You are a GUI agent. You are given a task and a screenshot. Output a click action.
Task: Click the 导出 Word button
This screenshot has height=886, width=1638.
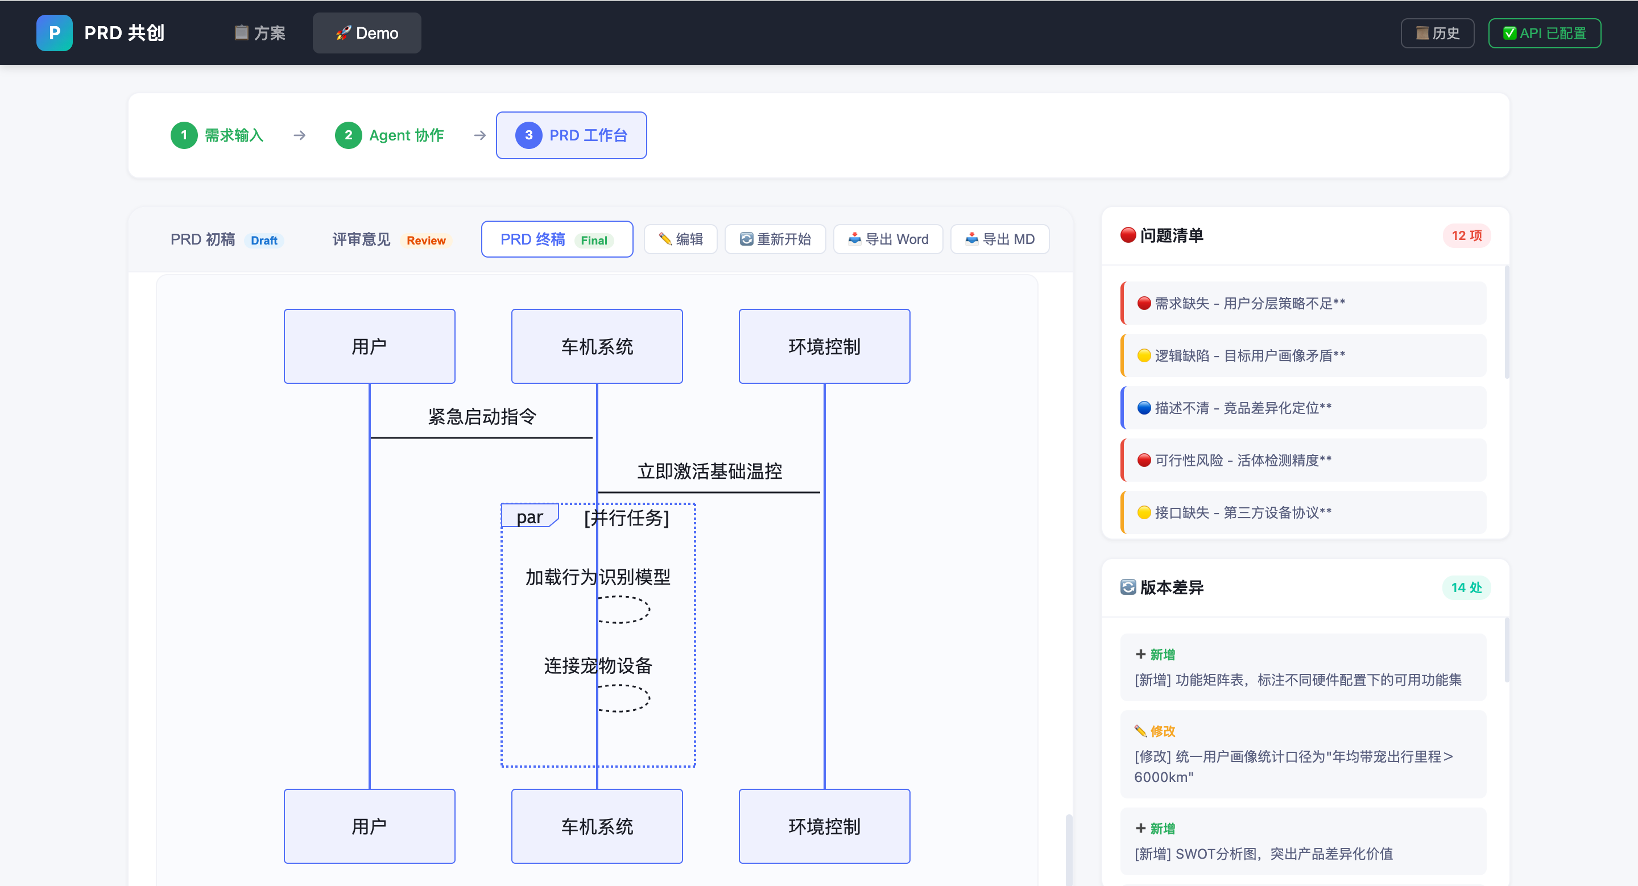[x=888, y=239]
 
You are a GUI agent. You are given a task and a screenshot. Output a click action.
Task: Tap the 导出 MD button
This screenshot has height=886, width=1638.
[x=1000, y=239]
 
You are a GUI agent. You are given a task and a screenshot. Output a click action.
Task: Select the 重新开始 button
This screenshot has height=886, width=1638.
[x=775, y=239]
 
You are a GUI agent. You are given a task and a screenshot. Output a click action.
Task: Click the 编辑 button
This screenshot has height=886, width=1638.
[x=680, y=239]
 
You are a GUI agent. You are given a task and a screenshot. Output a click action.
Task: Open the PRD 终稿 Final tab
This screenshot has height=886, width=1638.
[x=557, y=239]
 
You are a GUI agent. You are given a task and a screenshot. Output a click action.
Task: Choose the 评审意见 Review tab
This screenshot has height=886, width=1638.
[x=390, y=239]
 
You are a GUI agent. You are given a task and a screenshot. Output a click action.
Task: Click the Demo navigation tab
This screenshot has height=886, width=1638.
[x=367, y=33]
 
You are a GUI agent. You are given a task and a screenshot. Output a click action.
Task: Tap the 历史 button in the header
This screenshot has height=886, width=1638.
[x=1437, y=33]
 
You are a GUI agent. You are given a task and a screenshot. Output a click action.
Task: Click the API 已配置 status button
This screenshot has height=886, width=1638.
[x=1545, y=33]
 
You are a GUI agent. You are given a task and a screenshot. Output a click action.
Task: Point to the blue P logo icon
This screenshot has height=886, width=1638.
[x=55, y=33]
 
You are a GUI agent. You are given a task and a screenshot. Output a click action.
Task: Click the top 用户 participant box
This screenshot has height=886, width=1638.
[x=370, y=346]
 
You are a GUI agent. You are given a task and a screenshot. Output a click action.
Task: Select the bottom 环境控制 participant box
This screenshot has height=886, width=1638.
[x=825, y=826]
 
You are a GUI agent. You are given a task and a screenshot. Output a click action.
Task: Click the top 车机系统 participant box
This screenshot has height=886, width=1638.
[x=597, y=346]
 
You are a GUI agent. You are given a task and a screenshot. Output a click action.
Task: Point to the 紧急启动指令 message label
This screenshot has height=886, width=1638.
[x=482, y=417]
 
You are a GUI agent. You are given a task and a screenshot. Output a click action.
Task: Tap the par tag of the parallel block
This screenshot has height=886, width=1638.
[x=530, y=516]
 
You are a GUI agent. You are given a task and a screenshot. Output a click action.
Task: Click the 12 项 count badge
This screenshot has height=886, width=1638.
[x=1466, y=236]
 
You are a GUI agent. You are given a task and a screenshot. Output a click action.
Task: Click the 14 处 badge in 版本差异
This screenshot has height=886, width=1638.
[x=1466, y=588]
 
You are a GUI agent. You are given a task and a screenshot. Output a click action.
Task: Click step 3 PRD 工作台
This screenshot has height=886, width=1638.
[x=572, y=135]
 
